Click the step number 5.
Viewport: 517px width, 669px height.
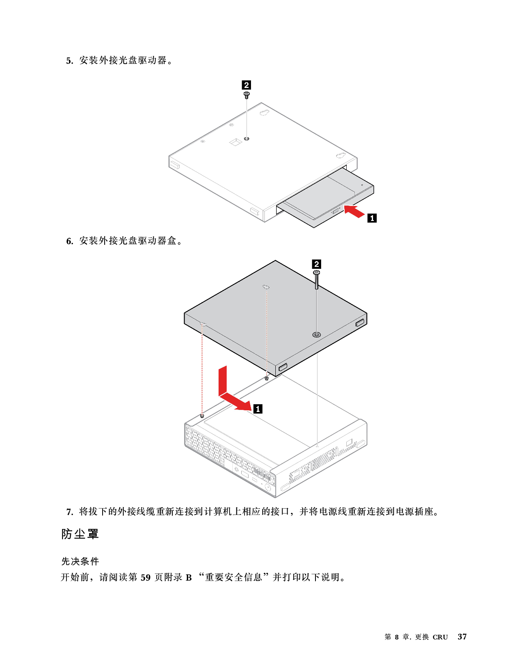pyautogui.click(x=70, y=61)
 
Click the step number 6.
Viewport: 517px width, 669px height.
pyautogui.click(x=70, y=241)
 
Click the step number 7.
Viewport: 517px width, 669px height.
pyautogui.click(x=70, y=512)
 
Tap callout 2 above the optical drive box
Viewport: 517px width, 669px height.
pyautogui.click(x=247, y=85)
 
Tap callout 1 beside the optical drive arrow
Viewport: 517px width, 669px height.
pyautogui.click(x=372, y=218)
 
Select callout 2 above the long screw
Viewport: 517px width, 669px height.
pyautogui.click(x=317, y=264)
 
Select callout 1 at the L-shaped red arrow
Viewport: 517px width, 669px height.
pyautogui.click(x=258, y=409)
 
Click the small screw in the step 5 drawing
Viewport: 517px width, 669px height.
pyautogui.click(x=247, y=95)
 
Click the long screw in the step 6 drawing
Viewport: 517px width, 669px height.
pyautogui.click(x=317, y=280)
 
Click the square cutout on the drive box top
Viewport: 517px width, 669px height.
pyautogui.click(x=236, y=142)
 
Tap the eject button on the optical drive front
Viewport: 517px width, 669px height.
pyautogui.click(x=335, y=212)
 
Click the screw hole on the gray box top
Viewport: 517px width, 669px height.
pyautogui.click(x=317, y=334)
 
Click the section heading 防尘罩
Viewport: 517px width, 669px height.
pyautogui.click(x=80, y=534)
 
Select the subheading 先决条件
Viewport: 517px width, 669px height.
pyautogui.click(x=80, y=562)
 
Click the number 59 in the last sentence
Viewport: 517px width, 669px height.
pyautogui.click(x=146, y=577)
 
